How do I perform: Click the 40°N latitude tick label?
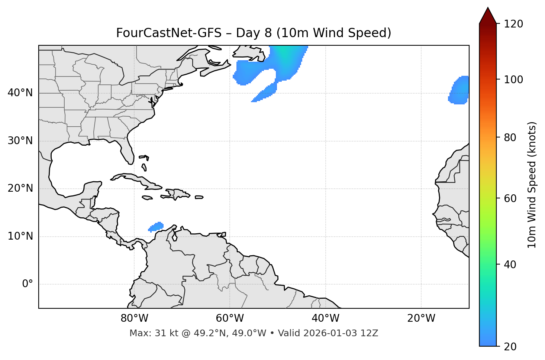click(20, 93)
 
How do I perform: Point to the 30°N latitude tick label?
click(20, 141)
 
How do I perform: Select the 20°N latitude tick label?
click(20, 188)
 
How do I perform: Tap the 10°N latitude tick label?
click(20, 236)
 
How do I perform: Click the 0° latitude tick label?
click(27, 284)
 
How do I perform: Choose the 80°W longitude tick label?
click(134, 318)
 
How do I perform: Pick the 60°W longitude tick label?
click(230, 318)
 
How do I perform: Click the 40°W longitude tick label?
click(325, 318)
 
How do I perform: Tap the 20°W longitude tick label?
click(421, 318)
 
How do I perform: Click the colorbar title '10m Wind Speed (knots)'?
click(532, 185)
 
